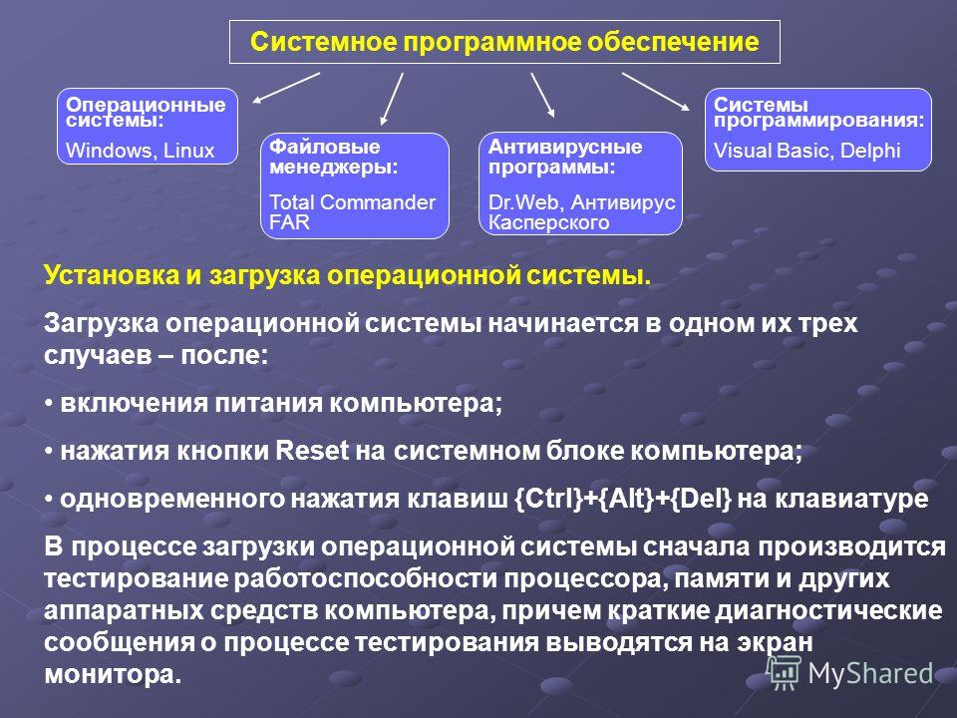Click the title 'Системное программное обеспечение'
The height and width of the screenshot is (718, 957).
point(504,42)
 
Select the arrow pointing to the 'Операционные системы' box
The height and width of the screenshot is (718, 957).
point(286,88)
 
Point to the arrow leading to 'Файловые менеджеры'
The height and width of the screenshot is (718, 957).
point(391,100)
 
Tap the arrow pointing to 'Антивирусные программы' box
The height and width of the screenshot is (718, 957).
point(542,96)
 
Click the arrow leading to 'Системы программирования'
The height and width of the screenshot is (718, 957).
point(656,92)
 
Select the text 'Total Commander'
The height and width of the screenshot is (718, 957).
point(352,202)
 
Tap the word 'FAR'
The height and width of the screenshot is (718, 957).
point(289,222)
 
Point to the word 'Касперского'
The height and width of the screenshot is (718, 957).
point(548,222)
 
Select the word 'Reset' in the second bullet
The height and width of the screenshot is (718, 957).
point(312,451)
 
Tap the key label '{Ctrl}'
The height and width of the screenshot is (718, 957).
point(549,499)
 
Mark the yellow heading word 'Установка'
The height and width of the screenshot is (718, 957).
point(111,275)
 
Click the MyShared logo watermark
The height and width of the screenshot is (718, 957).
point(849,672)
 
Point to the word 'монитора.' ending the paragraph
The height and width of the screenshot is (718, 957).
point(113,675)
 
